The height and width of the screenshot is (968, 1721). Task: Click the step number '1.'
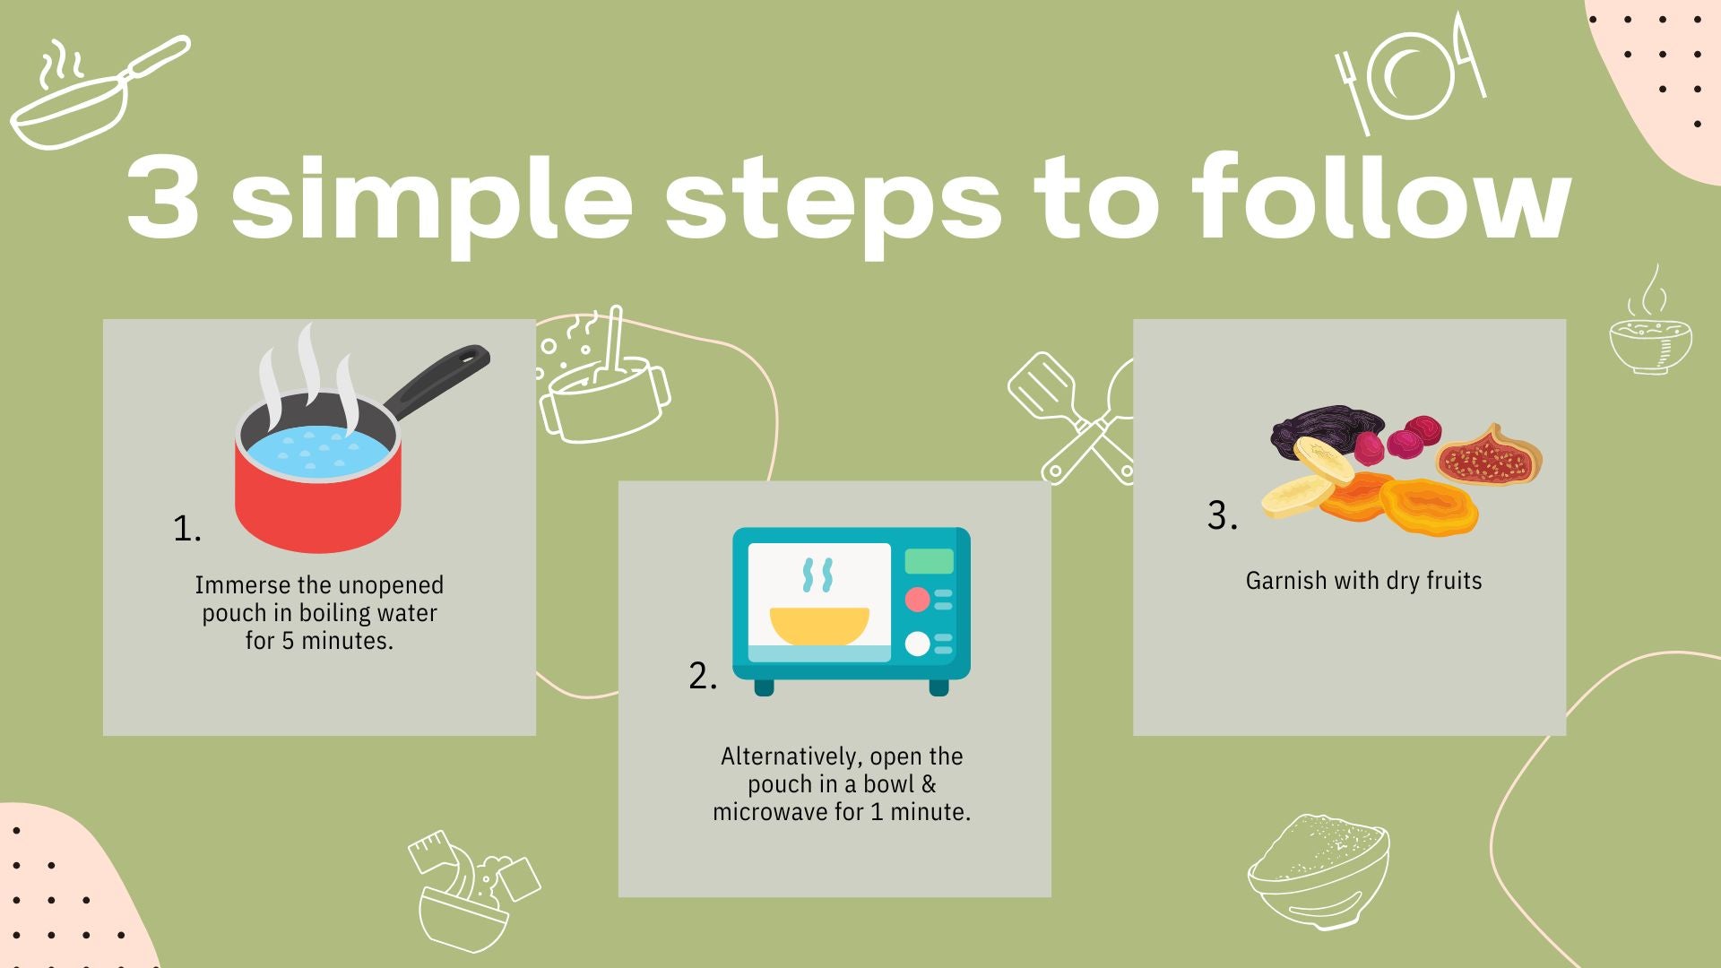[186, 529]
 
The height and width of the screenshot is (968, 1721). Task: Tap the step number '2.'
[703, 676]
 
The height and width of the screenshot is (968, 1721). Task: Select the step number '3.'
[1222, 515]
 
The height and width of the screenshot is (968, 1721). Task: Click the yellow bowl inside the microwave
[819, 626]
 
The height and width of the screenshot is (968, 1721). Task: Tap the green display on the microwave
[929, 561]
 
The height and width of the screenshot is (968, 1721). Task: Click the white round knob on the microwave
[917, 644]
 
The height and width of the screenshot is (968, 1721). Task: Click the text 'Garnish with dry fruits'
[1363, 581]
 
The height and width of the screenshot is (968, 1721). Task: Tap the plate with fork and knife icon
[1411, 73]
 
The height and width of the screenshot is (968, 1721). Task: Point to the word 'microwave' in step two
[770, 813]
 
